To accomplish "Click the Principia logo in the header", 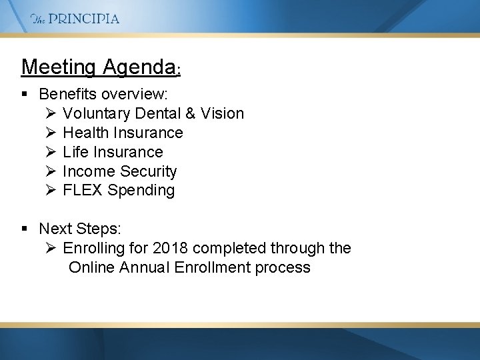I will (75, 19).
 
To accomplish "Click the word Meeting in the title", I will (59, 67).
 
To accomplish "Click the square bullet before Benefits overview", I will (25, 95).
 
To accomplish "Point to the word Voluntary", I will (94, 114).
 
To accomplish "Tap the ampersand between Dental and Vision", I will (190, 114).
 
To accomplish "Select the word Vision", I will (223, 114).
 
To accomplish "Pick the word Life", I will (75, 152).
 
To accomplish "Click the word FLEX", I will (83, 191).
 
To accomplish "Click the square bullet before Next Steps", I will (25, 229).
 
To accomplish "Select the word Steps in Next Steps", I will (100, 229).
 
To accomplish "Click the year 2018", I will (170, 249).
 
